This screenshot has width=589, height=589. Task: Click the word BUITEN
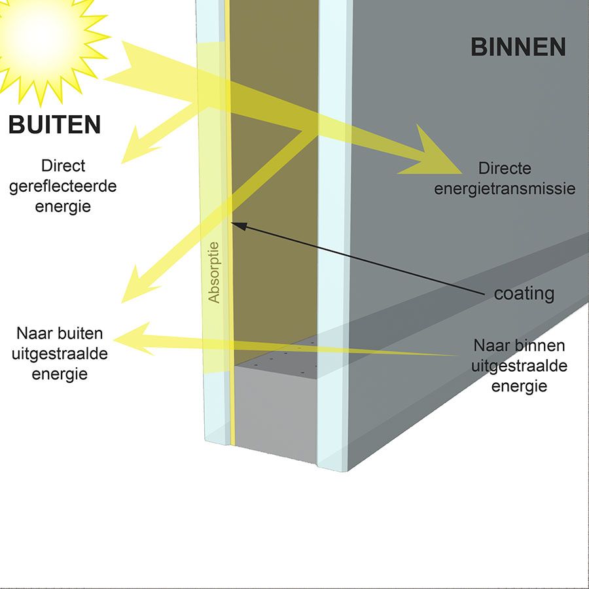[x=55, y=124]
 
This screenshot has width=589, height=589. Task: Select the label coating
[x=524, y=294]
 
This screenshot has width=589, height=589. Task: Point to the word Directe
[x=505, y=168]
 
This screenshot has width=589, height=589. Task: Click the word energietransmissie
[x=505, y=188]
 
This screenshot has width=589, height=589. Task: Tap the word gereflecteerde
[x=64, y=186]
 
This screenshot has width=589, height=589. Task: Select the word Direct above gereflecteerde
[x=63, y=166]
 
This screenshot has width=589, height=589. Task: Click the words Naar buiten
[x=60, y=334]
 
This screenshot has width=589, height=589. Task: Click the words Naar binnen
[x=519, y=345]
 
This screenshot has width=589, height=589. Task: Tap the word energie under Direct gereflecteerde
[x=64, y=206]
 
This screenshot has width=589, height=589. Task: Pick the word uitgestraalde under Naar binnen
[x=519, y=365]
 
